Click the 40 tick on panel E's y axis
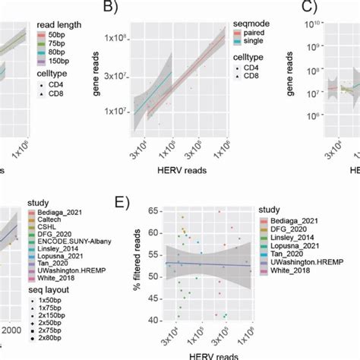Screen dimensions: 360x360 coord(156,319)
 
